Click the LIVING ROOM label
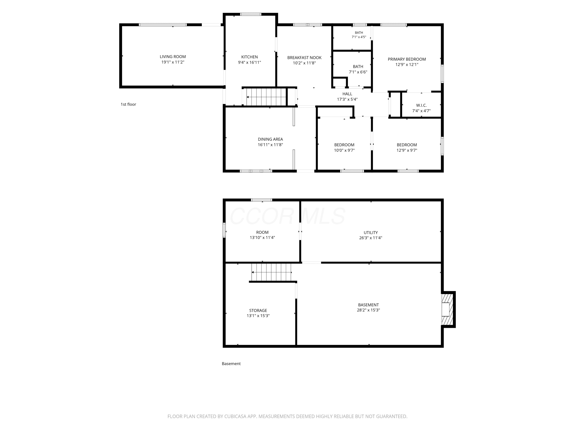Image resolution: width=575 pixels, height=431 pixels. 173,57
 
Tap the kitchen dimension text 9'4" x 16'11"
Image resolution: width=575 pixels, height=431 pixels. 249,62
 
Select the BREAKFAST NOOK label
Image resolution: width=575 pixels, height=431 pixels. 304,58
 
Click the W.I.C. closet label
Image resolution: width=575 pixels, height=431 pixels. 421,105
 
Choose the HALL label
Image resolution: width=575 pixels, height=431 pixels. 347,94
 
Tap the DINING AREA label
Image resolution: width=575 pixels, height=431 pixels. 270,139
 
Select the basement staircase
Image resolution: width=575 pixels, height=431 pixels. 271,272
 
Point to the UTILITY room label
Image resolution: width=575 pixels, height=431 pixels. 370,233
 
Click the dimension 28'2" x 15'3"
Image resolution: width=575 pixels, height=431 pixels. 368,310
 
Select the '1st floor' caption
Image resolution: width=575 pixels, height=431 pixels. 128,104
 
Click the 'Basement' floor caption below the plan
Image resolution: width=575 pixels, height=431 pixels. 231,364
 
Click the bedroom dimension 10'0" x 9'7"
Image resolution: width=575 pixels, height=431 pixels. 344,150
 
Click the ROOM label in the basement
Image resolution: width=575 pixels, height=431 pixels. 262,232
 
